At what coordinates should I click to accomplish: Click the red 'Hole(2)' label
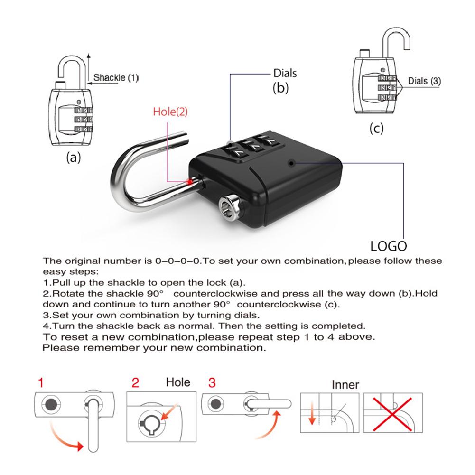[x=170, y=112]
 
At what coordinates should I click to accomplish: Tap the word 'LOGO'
[x=389, y=246]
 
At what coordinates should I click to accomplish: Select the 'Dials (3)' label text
[x=424, y=81]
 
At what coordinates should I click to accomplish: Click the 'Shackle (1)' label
[x=116, y=77]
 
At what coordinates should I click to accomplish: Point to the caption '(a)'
[x=73, y=158]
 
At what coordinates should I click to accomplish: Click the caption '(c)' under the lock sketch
[x=376, y=128]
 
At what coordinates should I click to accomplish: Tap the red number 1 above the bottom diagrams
[x=42, y=383]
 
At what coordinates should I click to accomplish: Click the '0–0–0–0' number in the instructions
[x=179, y=261]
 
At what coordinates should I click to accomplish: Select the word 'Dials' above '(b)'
[x=285, y=73]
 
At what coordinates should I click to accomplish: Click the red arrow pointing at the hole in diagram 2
[x=169, y=412]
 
